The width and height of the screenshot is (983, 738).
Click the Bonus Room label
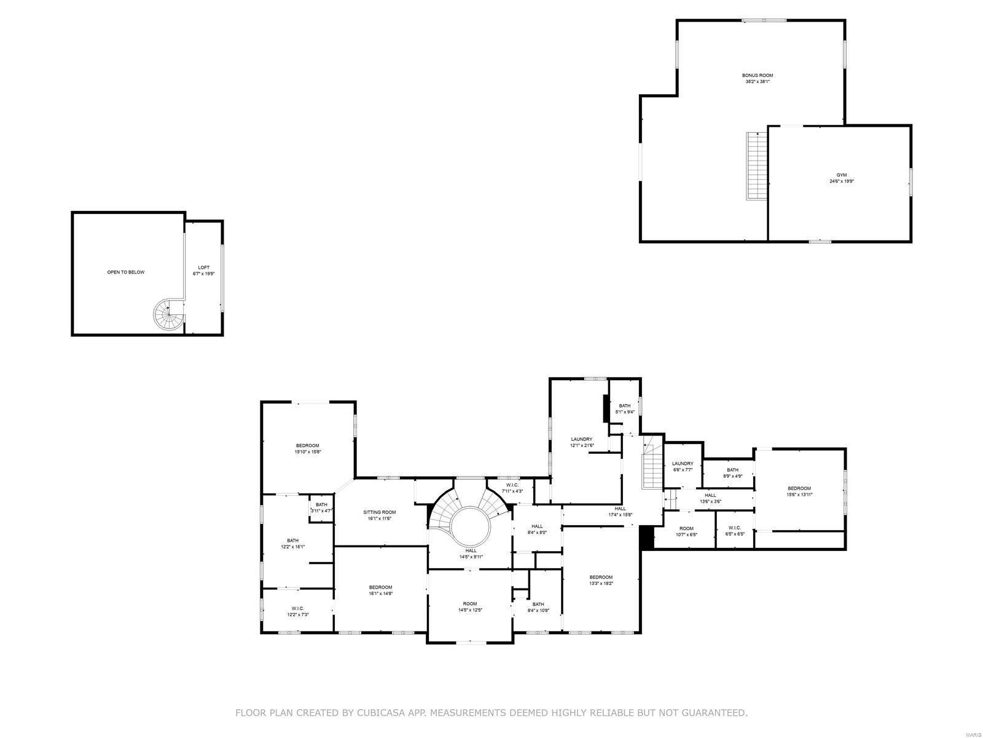point(757,75)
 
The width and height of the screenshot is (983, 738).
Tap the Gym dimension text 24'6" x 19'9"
point(842,181)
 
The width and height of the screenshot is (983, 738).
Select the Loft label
point(203,268)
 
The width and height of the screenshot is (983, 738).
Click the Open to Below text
point(126,272)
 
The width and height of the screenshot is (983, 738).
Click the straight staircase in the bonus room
point(757,166)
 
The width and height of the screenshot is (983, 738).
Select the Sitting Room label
point(379,512)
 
